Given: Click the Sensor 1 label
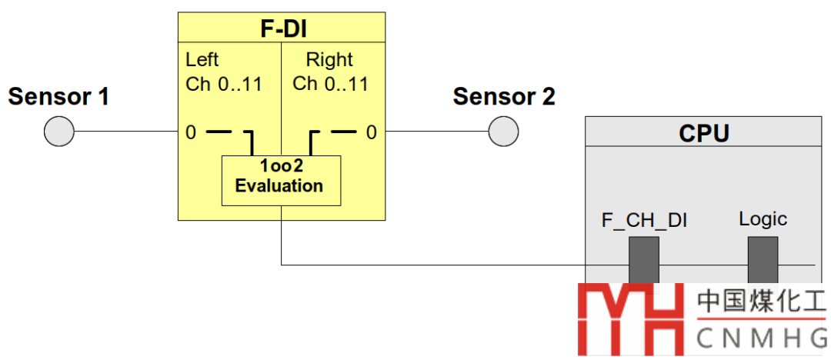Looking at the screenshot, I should (58, 98).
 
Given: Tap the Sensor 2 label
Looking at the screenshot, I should (504, 98).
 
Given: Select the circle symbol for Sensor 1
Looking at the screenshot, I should (58, 132).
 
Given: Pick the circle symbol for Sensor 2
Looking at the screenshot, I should (504, 132).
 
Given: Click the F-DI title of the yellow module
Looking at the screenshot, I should (282, 29).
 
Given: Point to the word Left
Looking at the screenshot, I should (202, 59).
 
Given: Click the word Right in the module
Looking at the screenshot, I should (329, 59).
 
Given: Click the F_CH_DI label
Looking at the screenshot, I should (644, 221).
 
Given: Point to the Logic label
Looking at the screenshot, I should (763, 219).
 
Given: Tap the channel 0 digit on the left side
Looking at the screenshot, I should (191, 132).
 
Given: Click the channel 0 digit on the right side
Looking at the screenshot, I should (372, 132).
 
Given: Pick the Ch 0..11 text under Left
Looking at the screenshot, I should (224, 83).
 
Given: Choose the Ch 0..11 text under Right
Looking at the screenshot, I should (331, 83).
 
